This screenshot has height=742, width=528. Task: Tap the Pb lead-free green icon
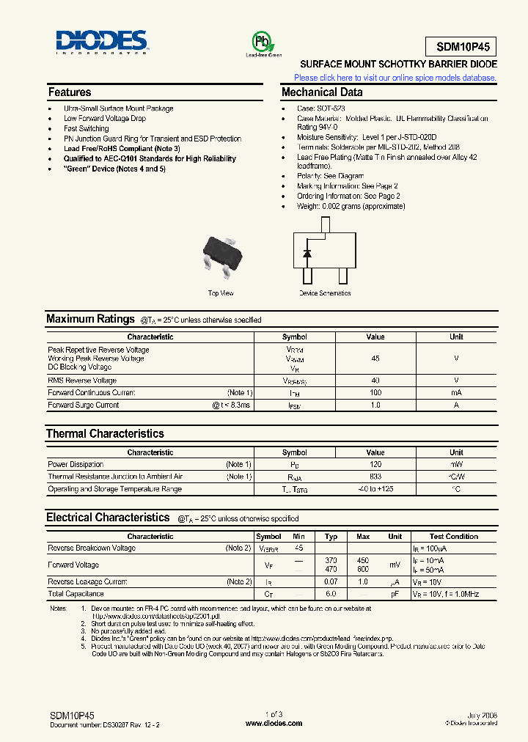point(263,41)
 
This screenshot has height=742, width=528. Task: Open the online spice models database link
point(395,78)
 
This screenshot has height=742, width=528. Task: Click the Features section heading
point(70,92)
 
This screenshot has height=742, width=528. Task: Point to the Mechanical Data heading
point(322,92)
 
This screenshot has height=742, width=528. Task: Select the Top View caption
point(221,293)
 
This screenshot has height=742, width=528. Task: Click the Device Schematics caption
point(324,293)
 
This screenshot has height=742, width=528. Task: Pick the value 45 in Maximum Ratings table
point(375,359)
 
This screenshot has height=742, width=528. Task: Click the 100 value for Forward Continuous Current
point(375,393)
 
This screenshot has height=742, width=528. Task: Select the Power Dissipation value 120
point(375,465)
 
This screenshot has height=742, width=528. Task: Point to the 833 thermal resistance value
point(375,477)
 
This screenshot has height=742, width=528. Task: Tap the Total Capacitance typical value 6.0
point(331,594)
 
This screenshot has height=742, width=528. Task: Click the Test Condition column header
point(453,537)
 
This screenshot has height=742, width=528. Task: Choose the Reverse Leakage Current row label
point(87,582)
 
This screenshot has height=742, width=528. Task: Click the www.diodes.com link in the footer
point(274,723)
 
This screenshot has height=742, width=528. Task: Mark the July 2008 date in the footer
point(482,714)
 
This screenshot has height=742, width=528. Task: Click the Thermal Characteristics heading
point(105,434)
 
